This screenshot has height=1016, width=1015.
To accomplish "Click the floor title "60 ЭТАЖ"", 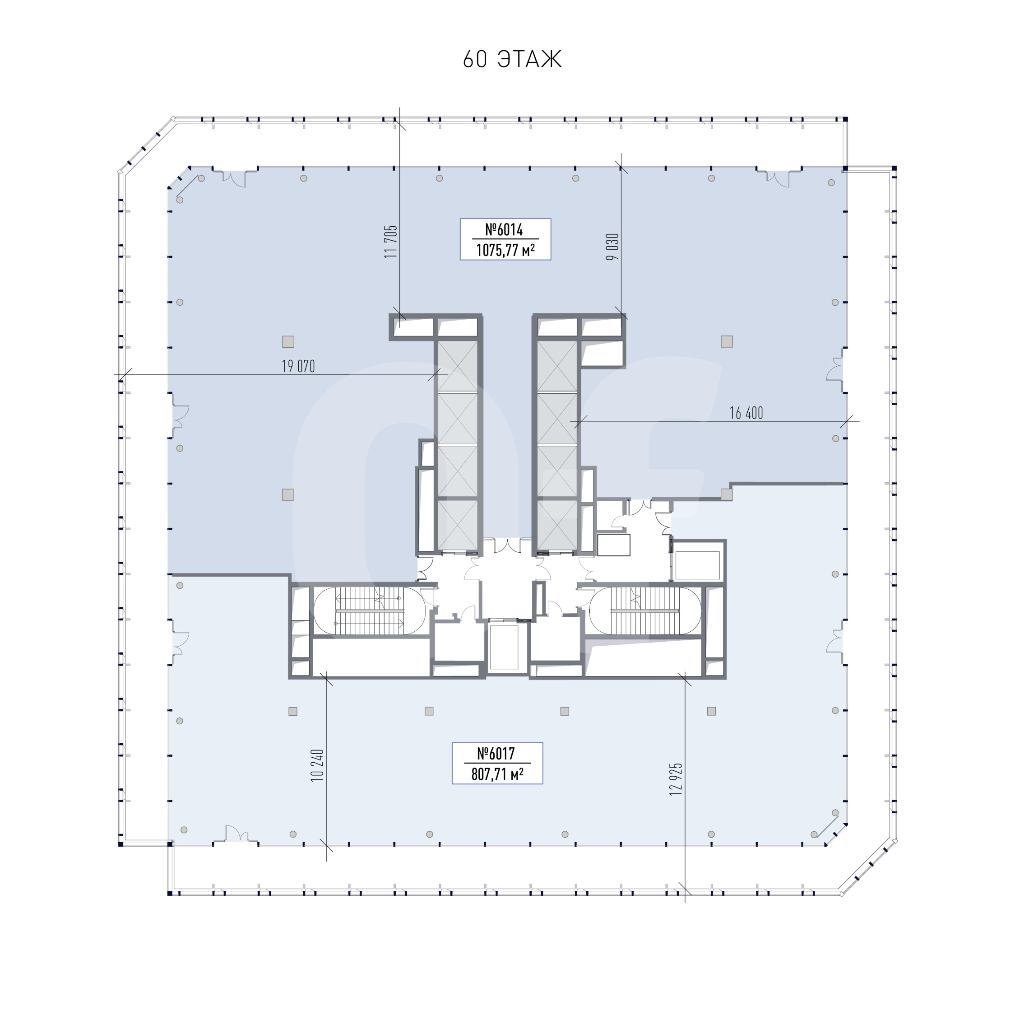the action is click(x=512, y=59).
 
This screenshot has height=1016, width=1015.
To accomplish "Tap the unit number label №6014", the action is click(x=504, y=229).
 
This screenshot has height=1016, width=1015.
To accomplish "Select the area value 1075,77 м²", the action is click(x=505, y=250).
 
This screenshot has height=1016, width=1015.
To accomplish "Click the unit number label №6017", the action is click(x=496, y=754).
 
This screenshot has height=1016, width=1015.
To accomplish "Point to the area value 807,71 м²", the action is click(x=497, y=774).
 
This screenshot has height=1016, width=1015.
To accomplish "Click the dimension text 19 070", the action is click(x=298, y=366).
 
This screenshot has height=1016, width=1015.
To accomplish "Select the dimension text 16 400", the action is click(x=746, y=413).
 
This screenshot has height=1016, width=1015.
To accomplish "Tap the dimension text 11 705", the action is click(x=390, y=242).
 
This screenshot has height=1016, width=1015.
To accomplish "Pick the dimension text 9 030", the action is click(x=612, y=247).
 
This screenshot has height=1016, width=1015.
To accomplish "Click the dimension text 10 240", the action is click(x=317, y=765).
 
